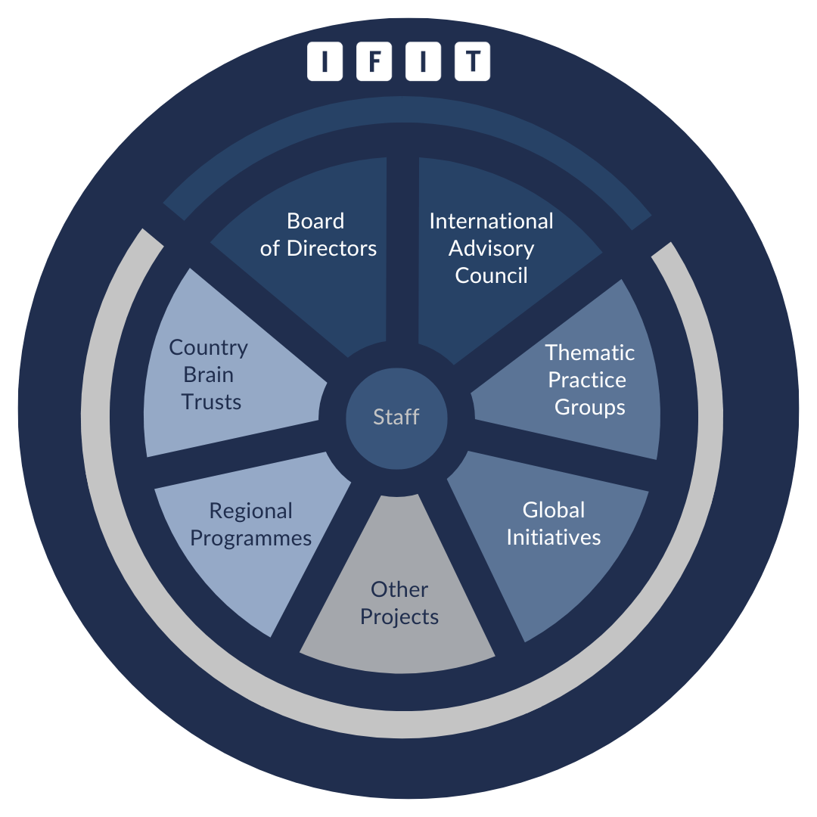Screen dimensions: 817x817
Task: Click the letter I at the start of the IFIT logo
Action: click(325, 62)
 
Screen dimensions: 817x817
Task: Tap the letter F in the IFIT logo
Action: click(374, 62)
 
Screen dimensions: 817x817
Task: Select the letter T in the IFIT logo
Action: click(472, 62)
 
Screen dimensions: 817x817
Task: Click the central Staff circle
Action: click(396, 417)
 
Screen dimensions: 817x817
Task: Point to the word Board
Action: click(315, 221)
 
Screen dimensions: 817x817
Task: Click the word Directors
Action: click(332, 248)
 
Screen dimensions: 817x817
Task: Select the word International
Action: click(491, 221)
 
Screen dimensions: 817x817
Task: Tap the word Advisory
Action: click(491, 248)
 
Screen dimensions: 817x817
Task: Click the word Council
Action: click(491, 275)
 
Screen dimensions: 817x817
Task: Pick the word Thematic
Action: click(590, 353)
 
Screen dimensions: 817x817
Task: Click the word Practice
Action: click(587, 380)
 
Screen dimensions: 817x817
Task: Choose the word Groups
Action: click(590, 407)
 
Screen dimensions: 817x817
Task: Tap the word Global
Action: click(554, 510)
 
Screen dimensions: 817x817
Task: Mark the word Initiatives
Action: click(554, 537)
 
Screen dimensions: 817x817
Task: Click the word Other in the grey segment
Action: click(399, 589)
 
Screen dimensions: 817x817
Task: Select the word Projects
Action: click(399, 617)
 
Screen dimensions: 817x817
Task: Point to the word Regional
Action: click(250, 511)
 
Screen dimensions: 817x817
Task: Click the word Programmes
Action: click(250, 538)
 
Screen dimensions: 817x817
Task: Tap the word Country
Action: click(208, 348)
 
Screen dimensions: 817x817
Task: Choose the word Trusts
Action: click(212, 402)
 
